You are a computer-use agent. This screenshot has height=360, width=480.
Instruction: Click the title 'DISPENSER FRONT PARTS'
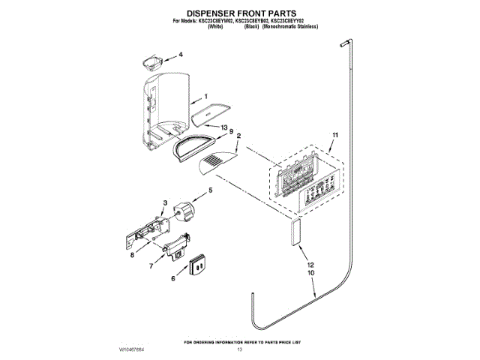pyautogui.click(x=240, y=13)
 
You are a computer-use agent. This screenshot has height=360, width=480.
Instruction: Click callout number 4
pyautogui.click(x=180, y=54)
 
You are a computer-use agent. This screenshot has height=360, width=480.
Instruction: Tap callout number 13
pyautogui.click(x=223, y=127)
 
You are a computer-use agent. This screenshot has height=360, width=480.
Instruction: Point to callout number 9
pyautogui.click(x=231, y=132)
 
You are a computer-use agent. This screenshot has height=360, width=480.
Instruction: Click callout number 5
pyautogui.click(x=210, y=190)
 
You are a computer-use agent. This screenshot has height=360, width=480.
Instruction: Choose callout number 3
pyautogui.click(x=164, y=203)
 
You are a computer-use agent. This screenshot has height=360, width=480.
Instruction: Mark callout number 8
pyautogui.click(x=132, y=254)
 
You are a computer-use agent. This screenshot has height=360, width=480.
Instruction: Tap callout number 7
pyautogui.click(x=151, y=265)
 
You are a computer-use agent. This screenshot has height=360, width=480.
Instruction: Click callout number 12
pyautogui.click(x=310, y=265)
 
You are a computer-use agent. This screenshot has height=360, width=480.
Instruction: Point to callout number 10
pyautogui.click(x=310, y=274)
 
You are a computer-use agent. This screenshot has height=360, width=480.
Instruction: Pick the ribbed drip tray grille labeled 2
pyautogui.click(x=217, y=161)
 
